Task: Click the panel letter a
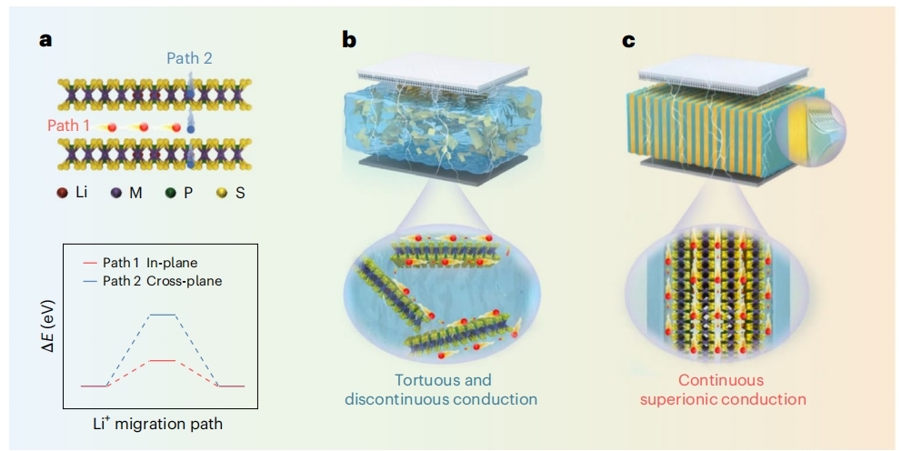(46, 41)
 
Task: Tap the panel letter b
(349, 39)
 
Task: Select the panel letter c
(628, 41)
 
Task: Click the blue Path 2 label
(190, 58)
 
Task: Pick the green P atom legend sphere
(171, 194)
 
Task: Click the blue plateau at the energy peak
(163, 315)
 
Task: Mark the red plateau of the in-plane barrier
(163, 360)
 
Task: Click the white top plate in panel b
(443, 72)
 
